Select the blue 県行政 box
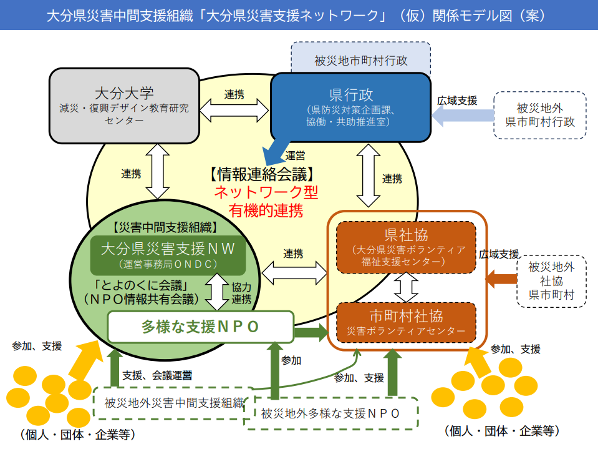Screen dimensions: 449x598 [350, 107]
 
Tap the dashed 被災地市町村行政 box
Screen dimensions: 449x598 [360, 61]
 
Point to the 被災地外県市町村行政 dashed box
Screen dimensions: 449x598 [539, 114]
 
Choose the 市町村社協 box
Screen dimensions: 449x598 [406, 322]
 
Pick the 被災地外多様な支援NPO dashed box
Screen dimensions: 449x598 [330, 413]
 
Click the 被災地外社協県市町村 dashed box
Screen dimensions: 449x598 [551, 280]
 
